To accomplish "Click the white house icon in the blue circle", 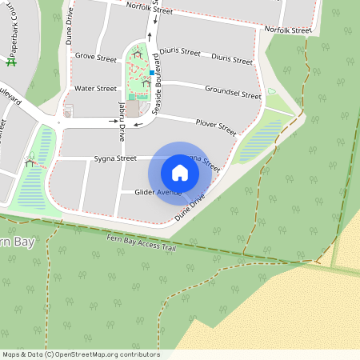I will click(180, 172).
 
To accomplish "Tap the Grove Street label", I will click(95, 58).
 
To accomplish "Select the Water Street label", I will click(95, 89).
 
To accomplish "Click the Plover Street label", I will click(216, 126).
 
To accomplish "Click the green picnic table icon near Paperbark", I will click(11, 61).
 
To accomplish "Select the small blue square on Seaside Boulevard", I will click(151, 73).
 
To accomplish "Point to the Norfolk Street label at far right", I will click(287, 30).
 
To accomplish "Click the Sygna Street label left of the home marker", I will click(115, 159).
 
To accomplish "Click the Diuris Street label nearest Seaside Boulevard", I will click(178, 51).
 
